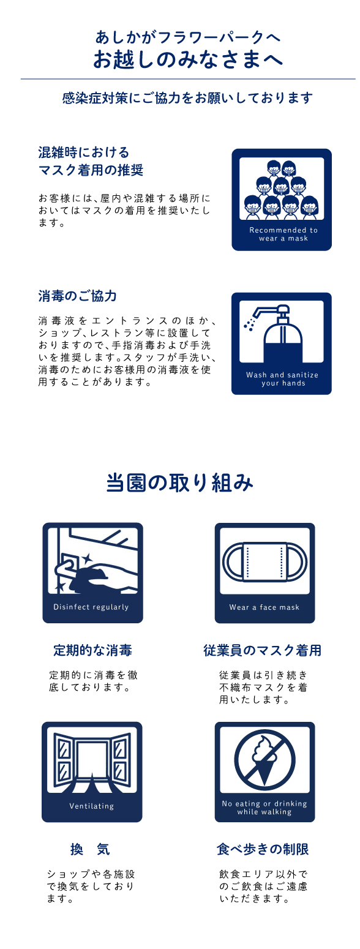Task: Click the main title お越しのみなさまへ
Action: click(x=187, y=59)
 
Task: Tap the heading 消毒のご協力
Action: click(x=78, y=296)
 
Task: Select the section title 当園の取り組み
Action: click(x=179, y=482)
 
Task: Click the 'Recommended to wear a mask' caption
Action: click(x=283, y=234)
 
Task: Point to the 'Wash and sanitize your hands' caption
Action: click(x=282, y=379)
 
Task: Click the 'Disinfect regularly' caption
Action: click(x=91, y=607)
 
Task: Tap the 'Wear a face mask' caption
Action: click(x=264, y=607)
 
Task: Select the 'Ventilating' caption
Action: click(x=91, y=806)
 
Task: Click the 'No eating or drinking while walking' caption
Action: click(x=264, y=808)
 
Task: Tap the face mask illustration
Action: click(x=264, y=562)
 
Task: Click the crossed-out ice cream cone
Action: click(x=264, y=760)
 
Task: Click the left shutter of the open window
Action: click(x=64, y=757)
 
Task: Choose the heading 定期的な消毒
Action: click(x=92, y=650)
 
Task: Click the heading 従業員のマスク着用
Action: click(x=262, y=650)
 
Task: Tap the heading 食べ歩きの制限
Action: click(x=263, y=849)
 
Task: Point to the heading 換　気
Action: click(x=90, y=849)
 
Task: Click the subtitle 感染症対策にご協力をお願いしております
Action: click(x=187, y=98)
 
